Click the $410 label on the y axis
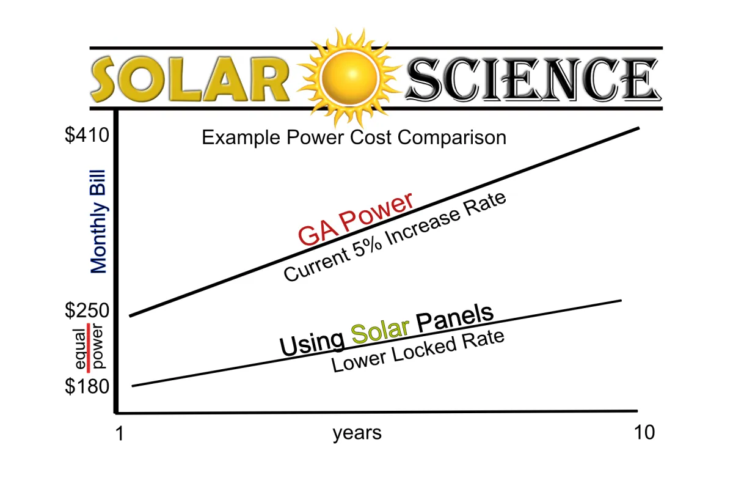[87, 135]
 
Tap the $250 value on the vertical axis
[87, 310]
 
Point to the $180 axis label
[87, 386]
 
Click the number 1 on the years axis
[120, 433]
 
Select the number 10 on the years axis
[644, 432]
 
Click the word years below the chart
[357, 433]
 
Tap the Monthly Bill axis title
[98, 221]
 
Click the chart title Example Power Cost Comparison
[354, 138]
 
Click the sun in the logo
[349, 78]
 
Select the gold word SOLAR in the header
[190, 79]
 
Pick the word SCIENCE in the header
[533, 79]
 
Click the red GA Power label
[356, 218]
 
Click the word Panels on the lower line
[455, 317]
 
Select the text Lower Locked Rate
[418, 351]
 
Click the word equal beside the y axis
[80, 349]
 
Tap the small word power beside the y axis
[98, 346]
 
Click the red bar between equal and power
[89, 348]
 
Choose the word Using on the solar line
[312, 345]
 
